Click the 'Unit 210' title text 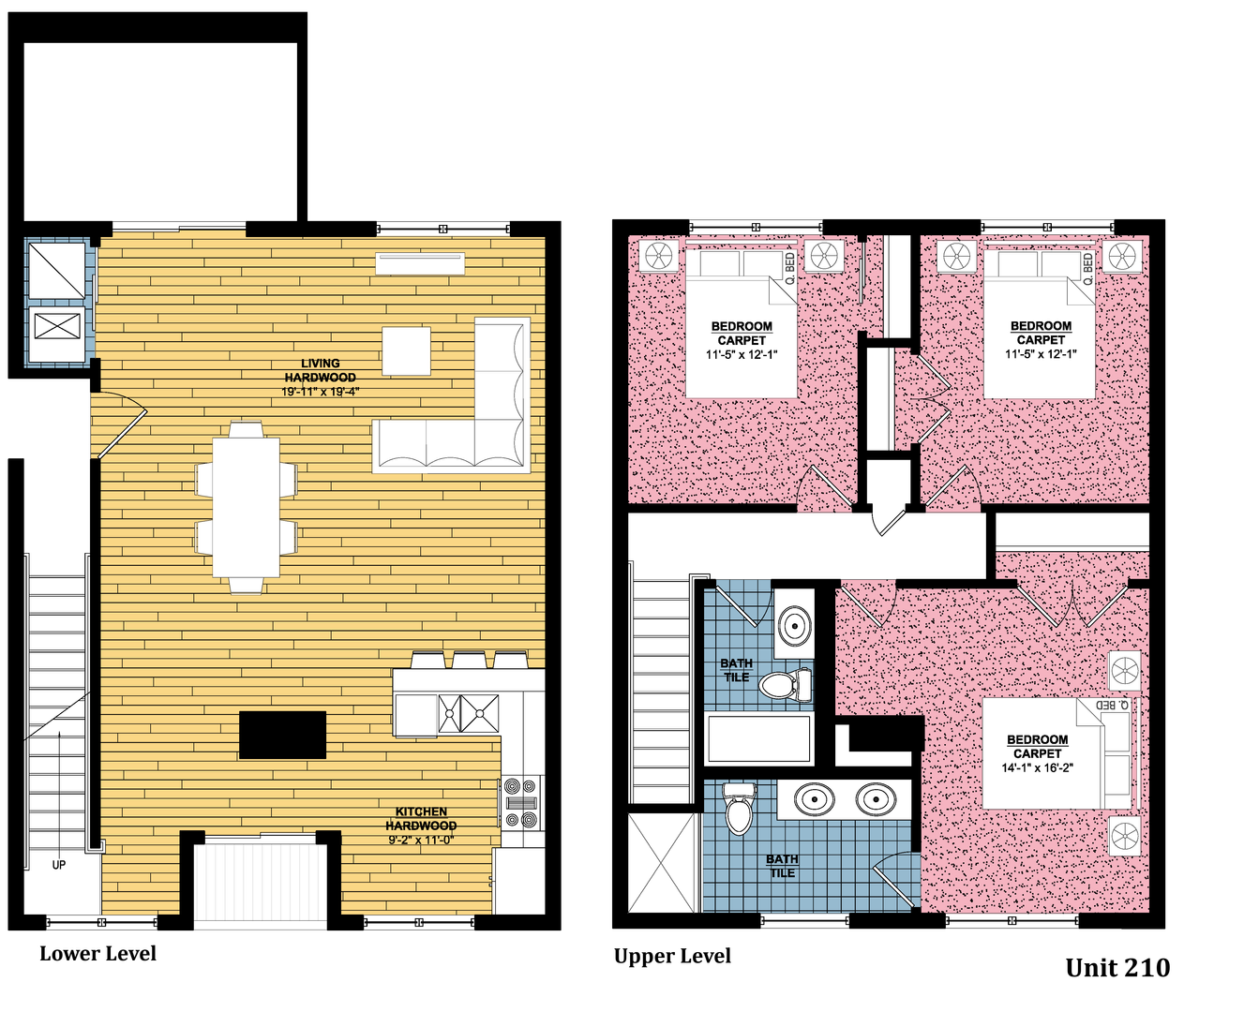[x=1117, y=968]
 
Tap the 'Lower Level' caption [x=97, y=954]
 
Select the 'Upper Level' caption [x=672, y=956]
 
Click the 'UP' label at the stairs [x=59, y=865]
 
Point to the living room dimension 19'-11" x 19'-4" [x=320, y=392]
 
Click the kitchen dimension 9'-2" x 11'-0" [x=421, y=840]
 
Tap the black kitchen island [x=282, y=735]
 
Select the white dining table [x=246, y=507]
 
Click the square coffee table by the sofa [x=406, y=350]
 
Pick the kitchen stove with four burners [x=521, y=803]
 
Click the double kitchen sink [x=468, y=713]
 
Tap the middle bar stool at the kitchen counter [x=470, y=660]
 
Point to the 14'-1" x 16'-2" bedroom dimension [x=1037, y=767]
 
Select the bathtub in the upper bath [x=758, y=738]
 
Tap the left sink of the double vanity [x=815, y=799]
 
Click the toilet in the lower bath [x=740, y=809]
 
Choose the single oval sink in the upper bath [x=794, y=626]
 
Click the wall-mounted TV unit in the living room [x=420, y=263]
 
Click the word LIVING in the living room [x=320, y=364]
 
